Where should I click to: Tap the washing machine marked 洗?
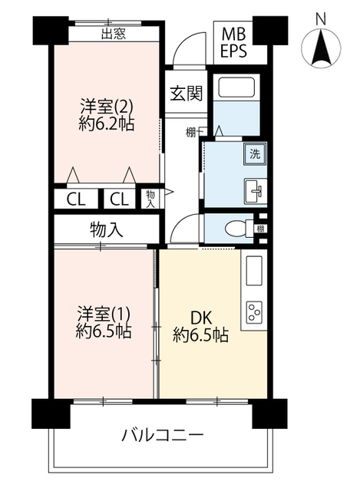(x=255, y=153)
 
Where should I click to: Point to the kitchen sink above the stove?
(x=254, y=271)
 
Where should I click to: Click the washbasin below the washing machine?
(x=256, y=191)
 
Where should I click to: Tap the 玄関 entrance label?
(x=187, y=93)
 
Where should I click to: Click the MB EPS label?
(x=233, y=43)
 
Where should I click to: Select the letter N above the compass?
(x=321, y=19)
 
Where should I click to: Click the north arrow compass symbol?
(x=321, y=48)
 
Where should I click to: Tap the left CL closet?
(x=76, y=199)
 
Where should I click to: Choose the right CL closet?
(x=120, y=199)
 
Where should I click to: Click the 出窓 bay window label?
(x=114, y=34)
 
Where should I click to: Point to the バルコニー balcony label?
(x=163, y=435)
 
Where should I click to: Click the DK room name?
(x=202, y=318)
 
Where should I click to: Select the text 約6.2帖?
(x=107, y=124)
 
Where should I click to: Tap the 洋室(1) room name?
(x=104, y=314)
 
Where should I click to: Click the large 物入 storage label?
(x=106, y=230)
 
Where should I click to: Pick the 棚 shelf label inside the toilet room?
(x=260, y=229)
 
